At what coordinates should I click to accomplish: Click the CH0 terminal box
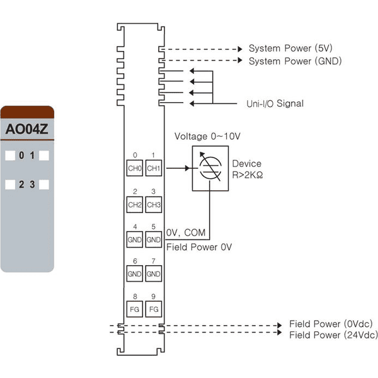tap(135, 168)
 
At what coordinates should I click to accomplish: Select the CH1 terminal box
tap(154, 168)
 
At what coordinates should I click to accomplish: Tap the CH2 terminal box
tap(135, 205)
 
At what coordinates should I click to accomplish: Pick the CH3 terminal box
tap(154, 205)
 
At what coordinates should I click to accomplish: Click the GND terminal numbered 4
tap(135, 239)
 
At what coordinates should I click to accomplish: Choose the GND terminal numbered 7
tap(154, 273)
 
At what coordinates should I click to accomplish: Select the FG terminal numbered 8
tap(135, 309)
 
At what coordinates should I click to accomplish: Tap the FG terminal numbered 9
tap(154, 309)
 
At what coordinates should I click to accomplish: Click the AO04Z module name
tap(26, 129)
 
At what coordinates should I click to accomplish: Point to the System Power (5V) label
tap(290, 49)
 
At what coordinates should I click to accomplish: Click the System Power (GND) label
tap(295, 61)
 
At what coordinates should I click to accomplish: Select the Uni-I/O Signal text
tap(275, 103)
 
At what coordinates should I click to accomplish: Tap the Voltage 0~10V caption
tap(207, 136)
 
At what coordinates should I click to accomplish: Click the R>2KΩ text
tap(248, 175)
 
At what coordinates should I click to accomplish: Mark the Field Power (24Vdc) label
tap(333, 335)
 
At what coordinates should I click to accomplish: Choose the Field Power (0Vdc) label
tap(331, 324)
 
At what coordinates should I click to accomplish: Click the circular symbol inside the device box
tap(210, 168)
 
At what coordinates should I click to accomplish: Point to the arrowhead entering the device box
tap(187, 168)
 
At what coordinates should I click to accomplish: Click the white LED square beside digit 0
tap(10, 156)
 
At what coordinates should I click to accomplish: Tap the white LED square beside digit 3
tap(44, 185)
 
